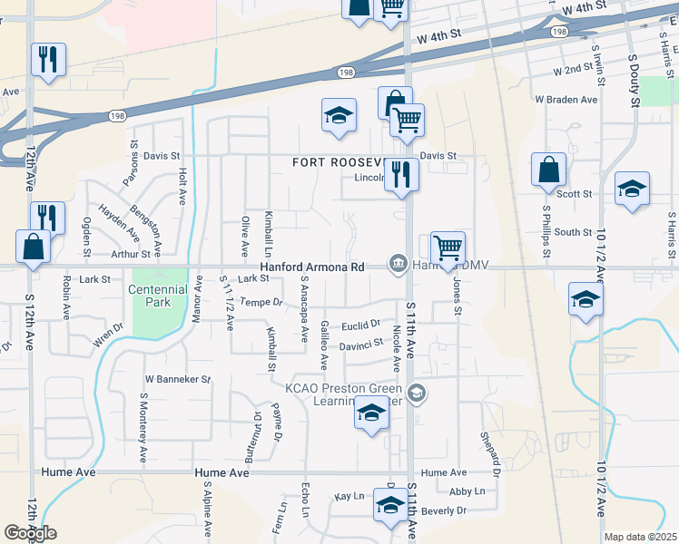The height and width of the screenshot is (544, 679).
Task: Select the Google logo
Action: point(30,533)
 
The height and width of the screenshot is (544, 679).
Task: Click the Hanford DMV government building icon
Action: point(398,264)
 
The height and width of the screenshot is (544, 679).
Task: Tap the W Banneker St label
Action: point(178,379)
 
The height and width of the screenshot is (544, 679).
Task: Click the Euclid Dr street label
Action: point(360,325)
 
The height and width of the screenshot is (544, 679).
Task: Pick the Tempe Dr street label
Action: point(261,301)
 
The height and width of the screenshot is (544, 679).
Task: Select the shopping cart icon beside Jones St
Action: point(448,247)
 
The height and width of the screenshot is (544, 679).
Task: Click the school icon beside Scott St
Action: point(632,189)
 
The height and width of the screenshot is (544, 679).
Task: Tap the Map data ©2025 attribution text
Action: point(640,537)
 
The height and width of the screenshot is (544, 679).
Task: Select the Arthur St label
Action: point(129,255)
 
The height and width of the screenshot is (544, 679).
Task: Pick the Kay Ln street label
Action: point(349,497)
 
